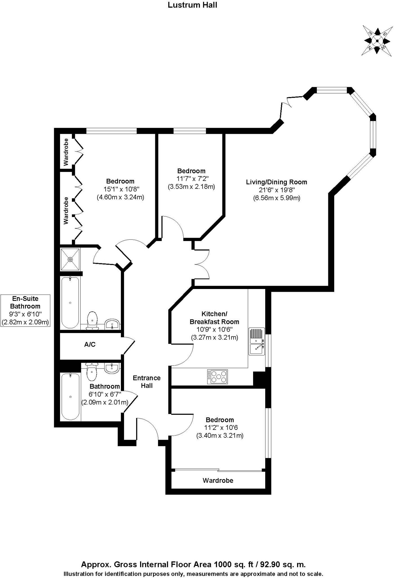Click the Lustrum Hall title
point(192,5)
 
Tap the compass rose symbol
point(377,41)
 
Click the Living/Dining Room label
point(276,182)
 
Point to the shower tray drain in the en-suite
point(70,259)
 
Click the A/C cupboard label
point(90,344)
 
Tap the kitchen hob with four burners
point(217,376)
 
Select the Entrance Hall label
point(147,382)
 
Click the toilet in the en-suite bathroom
point(92,320)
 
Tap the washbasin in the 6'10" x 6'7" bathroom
point(112,367)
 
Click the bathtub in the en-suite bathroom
point(70,303)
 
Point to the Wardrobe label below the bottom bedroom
point(218,480)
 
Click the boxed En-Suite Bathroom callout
point(25,310)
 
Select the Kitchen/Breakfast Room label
point(214,318)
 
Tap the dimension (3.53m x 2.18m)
point(191,187)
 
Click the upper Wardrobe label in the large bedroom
point(66,152)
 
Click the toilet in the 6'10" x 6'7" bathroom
point(92,372)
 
